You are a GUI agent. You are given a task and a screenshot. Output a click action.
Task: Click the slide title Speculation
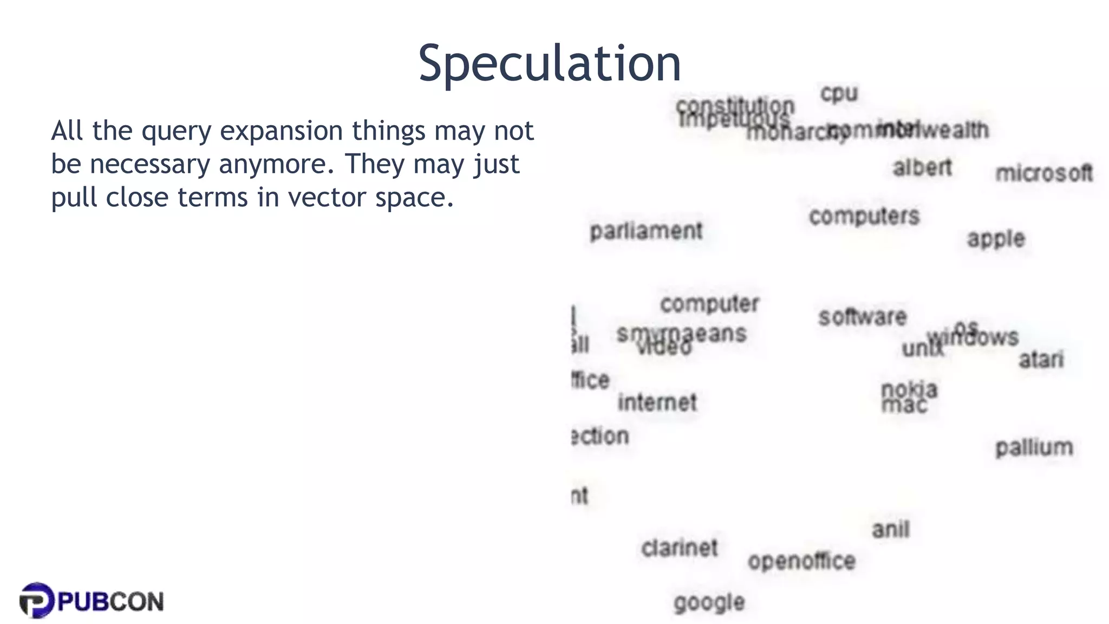point(549,64)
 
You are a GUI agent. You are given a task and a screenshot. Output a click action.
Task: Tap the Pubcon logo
point(91,601)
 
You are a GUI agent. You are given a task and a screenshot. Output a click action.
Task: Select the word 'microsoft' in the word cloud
point(1043,173)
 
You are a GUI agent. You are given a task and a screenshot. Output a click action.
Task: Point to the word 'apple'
point(996,239)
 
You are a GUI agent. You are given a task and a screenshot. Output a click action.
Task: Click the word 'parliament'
point(645,231)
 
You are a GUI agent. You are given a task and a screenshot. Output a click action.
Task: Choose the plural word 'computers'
point(864,216)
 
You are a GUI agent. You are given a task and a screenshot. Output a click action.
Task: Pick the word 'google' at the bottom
point(709,602)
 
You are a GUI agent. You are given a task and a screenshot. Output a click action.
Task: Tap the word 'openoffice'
point(801,561)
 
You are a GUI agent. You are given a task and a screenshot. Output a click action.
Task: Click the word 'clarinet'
point(679,548)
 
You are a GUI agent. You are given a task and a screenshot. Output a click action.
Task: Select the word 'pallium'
point(1034,447)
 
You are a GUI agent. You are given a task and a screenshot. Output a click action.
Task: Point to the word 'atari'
point(1041,359)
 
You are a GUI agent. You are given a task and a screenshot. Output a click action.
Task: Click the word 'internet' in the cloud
point(657,402)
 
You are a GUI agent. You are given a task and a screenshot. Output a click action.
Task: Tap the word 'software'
point(862,317)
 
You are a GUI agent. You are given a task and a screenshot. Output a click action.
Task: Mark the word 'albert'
point(922,167)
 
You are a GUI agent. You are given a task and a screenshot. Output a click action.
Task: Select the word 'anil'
point(891,529)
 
